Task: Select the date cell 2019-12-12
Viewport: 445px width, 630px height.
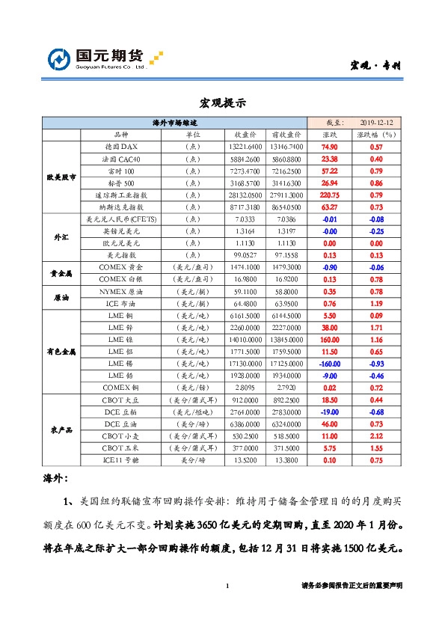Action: (x=377, y=122)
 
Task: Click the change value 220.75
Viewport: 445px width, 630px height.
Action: (x=330, y=195)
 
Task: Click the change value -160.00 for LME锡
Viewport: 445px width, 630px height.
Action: (x=330, y=363)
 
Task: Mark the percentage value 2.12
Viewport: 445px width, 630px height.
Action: (x=377, y=435)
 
